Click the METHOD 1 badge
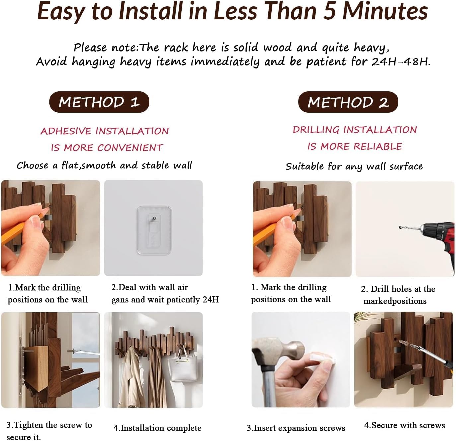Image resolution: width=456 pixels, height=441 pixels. (99, 102)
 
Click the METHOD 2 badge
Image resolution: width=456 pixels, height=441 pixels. (348, 102)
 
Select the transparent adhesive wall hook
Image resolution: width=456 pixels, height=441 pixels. (154, 230)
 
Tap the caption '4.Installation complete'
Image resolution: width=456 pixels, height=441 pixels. (157, 428)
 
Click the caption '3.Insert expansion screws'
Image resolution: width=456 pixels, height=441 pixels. (296, 428)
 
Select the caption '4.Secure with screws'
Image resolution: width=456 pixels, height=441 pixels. (405, 425)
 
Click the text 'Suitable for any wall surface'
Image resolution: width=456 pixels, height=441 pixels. (354, 166)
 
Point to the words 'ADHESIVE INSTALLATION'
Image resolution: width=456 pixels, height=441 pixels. (105, 131)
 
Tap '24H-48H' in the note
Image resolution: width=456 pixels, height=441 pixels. (401, 62)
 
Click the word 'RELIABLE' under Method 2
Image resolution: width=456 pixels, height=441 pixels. (377, 147)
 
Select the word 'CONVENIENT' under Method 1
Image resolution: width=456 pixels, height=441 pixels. (130, 148)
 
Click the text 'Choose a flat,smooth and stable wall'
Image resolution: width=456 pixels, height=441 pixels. (104, 166)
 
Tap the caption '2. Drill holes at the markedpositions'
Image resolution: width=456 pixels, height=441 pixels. (398, 295)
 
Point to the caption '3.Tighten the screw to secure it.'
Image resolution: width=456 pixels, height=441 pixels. (49, 431)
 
